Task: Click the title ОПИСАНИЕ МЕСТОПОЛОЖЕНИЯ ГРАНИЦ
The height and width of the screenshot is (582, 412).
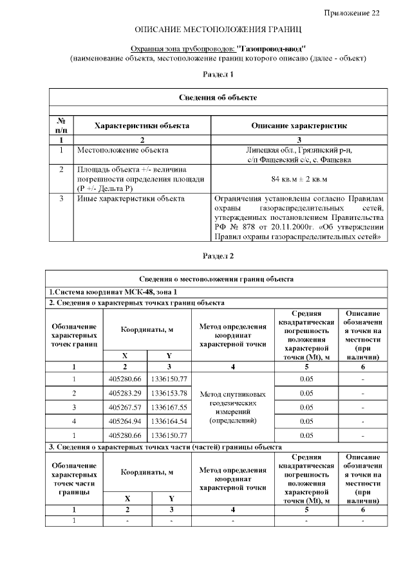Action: (x=218, y=30)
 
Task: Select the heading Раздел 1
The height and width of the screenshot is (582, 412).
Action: (x=218, y=75)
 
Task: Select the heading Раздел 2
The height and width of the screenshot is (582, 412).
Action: (x=218, y=256)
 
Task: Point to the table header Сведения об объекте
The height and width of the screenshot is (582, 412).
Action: (x=218, y=97)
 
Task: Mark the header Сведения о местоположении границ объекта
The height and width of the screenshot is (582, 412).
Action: (x=218, y=278)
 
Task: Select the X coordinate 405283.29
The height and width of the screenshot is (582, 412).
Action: (x=125, y=393)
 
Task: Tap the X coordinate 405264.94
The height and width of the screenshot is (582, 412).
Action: (x=125, y=421)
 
